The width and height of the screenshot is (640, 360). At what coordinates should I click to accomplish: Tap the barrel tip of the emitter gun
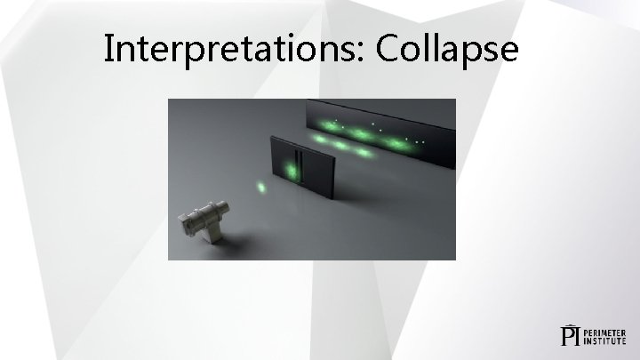click(230, 207)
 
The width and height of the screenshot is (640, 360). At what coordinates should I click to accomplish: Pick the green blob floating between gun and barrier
click(261, 188)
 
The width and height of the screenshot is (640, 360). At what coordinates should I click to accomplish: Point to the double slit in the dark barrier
click(300, 165)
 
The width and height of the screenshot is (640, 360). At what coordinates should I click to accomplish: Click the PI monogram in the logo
click(570, 334)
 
